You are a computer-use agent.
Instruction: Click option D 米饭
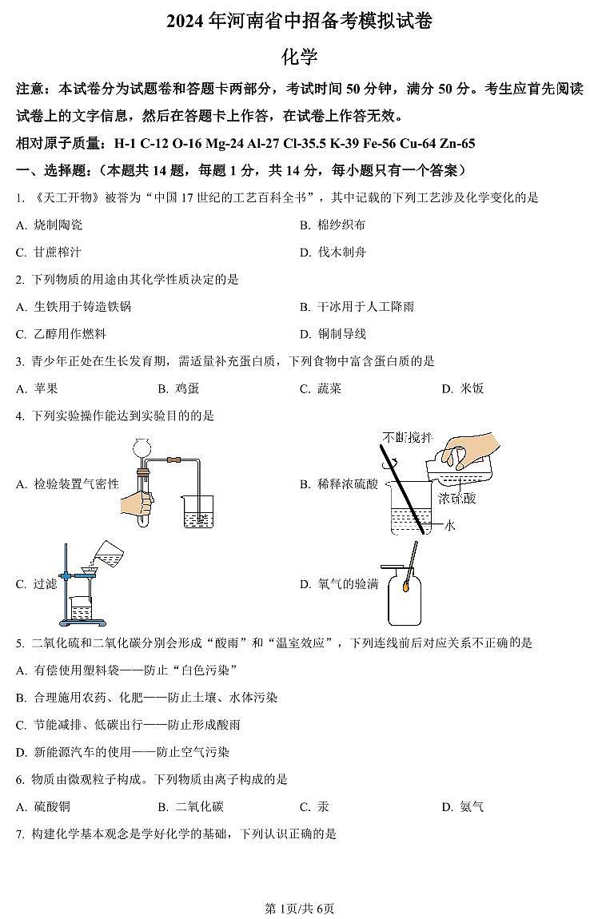point(464,388)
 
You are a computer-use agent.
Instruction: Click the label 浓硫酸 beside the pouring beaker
point(456,499)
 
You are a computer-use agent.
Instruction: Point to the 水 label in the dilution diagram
point(449,525)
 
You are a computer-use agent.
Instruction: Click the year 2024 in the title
point(185,22)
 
